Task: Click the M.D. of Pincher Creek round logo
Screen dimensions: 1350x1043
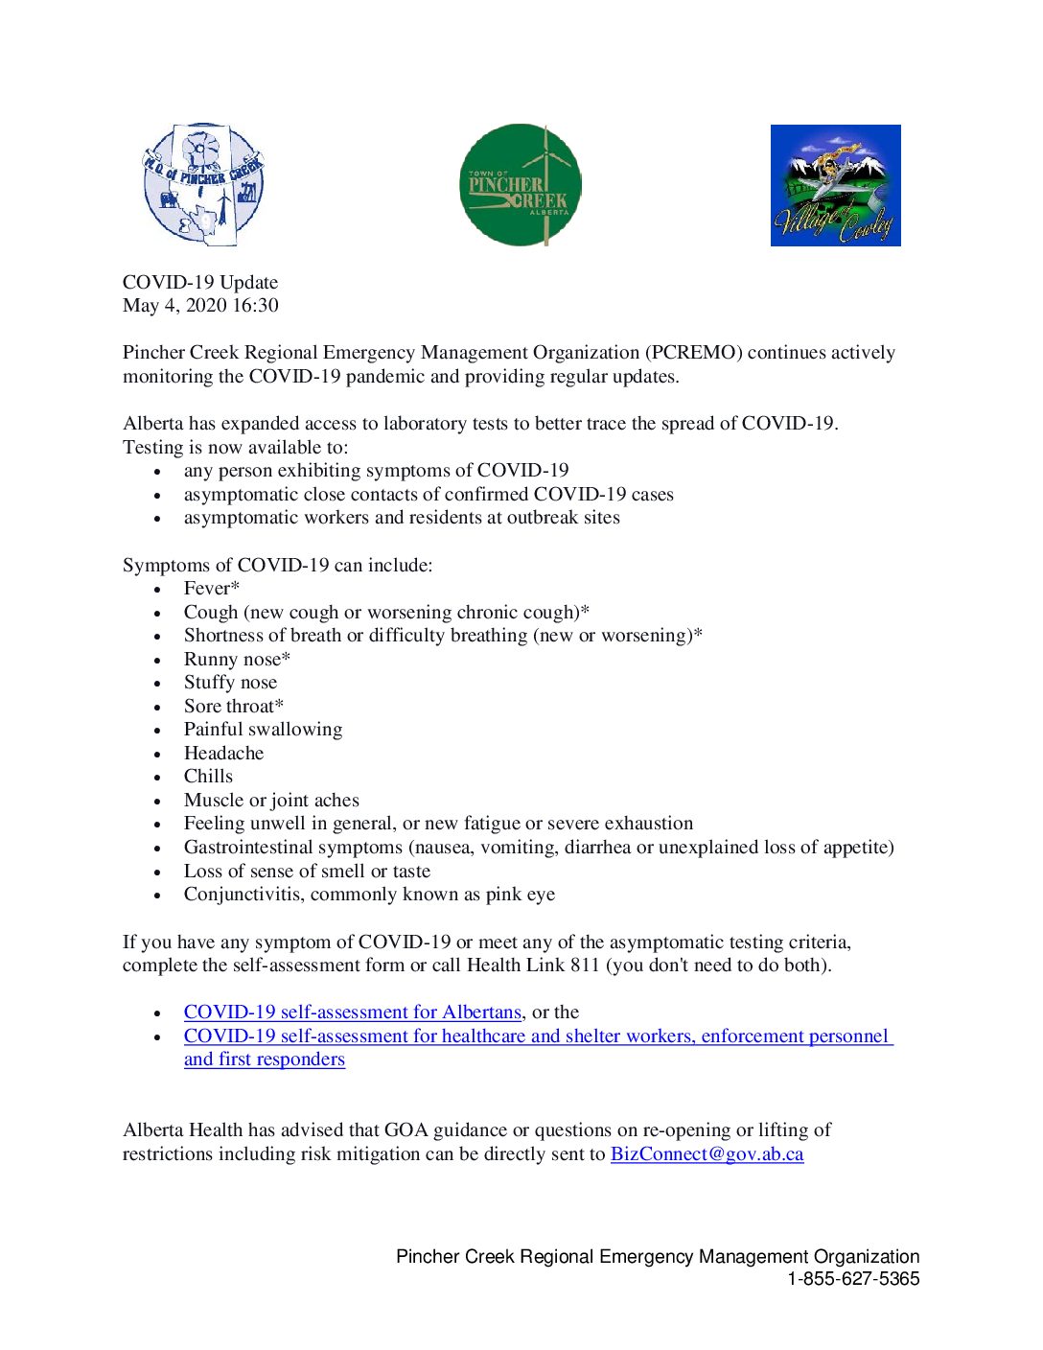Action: coord(203,184)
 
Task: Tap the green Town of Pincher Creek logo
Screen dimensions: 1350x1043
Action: coord(520,185)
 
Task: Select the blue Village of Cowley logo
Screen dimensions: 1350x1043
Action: coord(835,185)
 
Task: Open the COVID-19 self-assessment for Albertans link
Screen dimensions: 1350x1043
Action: coord(352,1012)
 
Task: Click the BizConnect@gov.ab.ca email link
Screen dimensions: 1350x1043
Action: coord(707,1154)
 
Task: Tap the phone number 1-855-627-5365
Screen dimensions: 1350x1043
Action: coord(853,1279)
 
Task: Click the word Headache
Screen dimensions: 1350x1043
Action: coord(223,754)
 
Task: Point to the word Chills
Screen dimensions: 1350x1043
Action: coord(208,777)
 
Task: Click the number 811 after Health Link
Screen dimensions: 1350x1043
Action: coord(585,966)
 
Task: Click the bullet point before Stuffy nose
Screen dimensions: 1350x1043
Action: coord(157,684)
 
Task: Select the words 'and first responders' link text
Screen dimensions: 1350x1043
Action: coord(265,1059)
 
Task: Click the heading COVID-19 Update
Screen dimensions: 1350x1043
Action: coord(200,283)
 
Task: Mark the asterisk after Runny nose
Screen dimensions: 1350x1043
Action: coord(286,658)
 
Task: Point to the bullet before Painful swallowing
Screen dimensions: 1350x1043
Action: coord(157,731)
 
